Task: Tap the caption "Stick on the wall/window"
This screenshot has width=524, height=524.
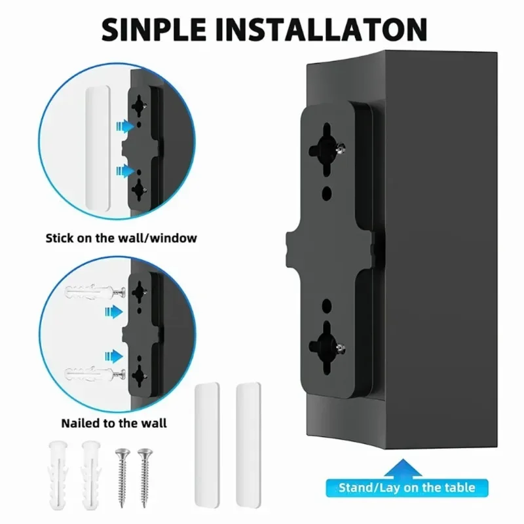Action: coord(121,238)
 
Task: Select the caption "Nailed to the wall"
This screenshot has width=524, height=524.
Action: coord(114,422)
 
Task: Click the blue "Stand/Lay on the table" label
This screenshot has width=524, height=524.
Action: coord(406,487)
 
